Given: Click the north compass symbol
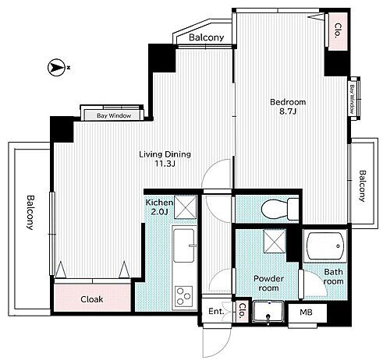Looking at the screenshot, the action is (56, 68).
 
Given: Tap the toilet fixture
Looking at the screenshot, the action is (280, 209).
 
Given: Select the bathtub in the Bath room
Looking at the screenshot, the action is (324, 245).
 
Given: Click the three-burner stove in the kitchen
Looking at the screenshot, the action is (183, 295).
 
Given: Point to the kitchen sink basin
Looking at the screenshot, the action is (184, 245).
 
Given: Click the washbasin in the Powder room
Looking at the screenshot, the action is (268, 312).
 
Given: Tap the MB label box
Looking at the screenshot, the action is (307, 312).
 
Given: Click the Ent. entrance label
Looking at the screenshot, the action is (216, 311).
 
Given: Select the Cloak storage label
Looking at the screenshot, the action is (92, 299).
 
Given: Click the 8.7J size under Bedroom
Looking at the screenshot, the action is (288, 111).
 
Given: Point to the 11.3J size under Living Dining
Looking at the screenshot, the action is (165, 164).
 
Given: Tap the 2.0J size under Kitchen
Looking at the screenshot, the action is (159, 212).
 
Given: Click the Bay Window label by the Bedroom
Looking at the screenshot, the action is (352, 99).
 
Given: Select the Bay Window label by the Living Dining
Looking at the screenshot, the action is (114, 115).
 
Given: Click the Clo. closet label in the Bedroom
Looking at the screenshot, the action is (338, 31).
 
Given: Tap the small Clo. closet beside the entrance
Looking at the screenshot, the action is (242, 311).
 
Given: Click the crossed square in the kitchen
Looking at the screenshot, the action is (185, 207).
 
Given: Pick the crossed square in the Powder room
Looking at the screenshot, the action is (275, 242).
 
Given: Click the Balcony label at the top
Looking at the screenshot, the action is (207, 37).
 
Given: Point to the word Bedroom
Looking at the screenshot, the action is (288, 102).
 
